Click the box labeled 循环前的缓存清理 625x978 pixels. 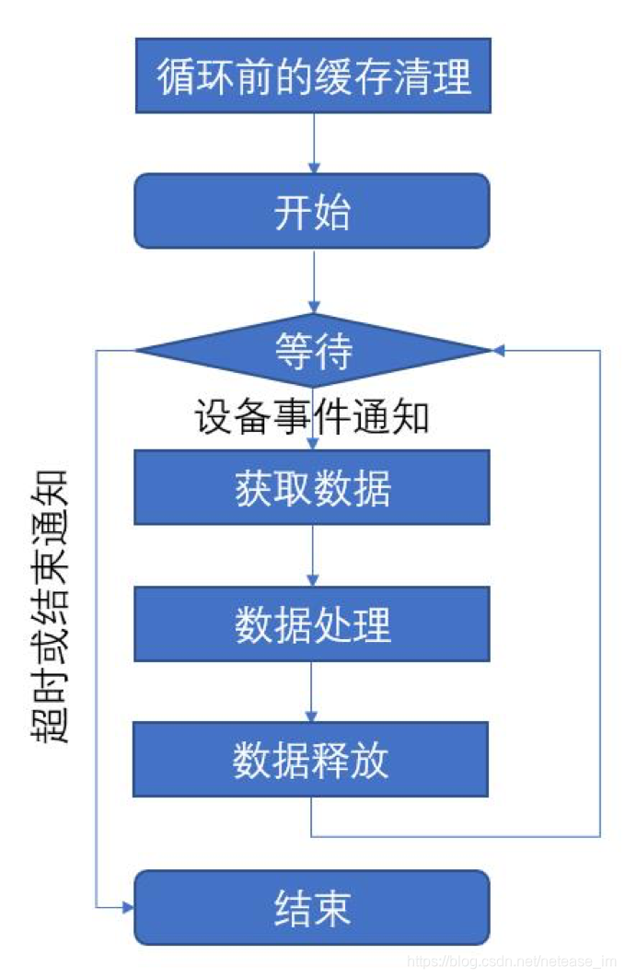click(313, 76)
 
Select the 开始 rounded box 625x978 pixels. click(312, 211)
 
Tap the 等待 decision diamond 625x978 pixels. click(313, 350)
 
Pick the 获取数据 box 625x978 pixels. click(312, 487)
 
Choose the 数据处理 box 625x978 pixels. click(312, 623)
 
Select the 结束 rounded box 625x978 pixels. click(312, 908)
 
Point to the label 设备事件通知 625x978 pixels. click(312, 417)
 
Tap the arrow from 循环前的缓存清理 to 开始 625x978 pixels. click(314, 143)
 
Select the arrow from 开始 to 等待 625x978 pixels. click(314, 281)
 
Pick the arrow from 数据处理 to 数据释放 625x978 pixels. click(313, 692)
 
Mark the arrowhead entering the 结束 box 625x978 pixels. click(128, 908)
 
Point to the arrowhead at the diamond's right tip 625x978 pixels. click(499, 350)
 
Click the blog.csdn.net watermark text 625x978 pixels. click(512, 961)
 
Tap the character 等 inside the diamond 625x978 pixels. click(294, 350)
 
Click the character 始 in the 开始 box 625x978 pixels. click(332, 211)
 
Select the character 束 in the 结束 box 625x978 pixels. click(332, 908)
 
